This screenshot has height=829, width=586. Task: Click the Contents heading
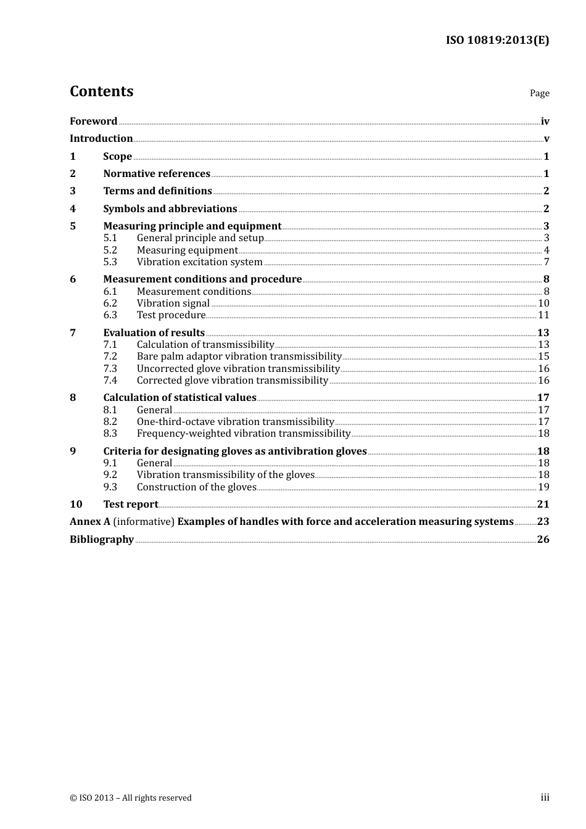click(x=101, y=91)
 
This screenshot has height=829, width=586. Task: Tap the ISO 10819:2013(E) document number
click(x=497, y=40)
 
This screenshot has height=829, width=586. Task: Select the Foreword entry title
click(x=93, y=121)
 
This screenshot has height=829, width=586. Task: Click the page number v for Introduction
click(x=546, y=139)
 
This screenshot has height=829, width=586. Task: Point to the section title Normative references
click(x=157, y=174)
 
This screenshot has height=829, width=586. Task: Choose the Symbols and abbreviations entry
click(x=170, y=209)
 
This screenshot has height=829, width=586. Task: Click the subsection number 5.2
click(x=110, y=250)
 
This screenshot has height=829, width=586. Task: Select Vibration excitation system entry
click(x=199, y=262)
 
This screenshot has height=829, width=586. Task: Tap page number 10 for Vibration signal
click(x=543, y=303)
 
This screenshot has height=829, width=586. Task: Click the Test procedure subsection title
click(x=171, y=315)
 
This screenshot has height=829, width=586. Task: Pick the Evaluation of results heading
click(x=154, y=333)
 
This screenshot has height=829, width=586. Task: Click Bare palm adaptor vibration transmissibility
click(x=239, y=357)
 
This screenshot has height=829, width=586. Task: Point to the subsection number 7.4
click(x=110, y=381)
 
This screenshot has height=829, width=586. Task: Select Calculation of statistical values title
click(x=180, y=398)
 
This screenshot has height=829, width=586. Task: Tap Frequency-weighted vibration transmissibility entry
click(x=243, y=434)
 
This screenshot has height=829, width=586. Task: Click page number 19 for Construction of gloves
click(x=543, y=487)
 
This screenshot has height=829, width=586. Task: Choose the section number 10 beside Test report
click(x=76, y=505)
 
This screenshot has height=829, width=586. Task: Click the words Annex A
click(x=90, y=522)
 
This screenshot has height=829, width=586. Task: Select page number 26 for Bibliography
click(x=543, y=540)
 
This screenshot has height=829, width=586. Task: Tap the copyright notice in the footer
click(x=131, y=798)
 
